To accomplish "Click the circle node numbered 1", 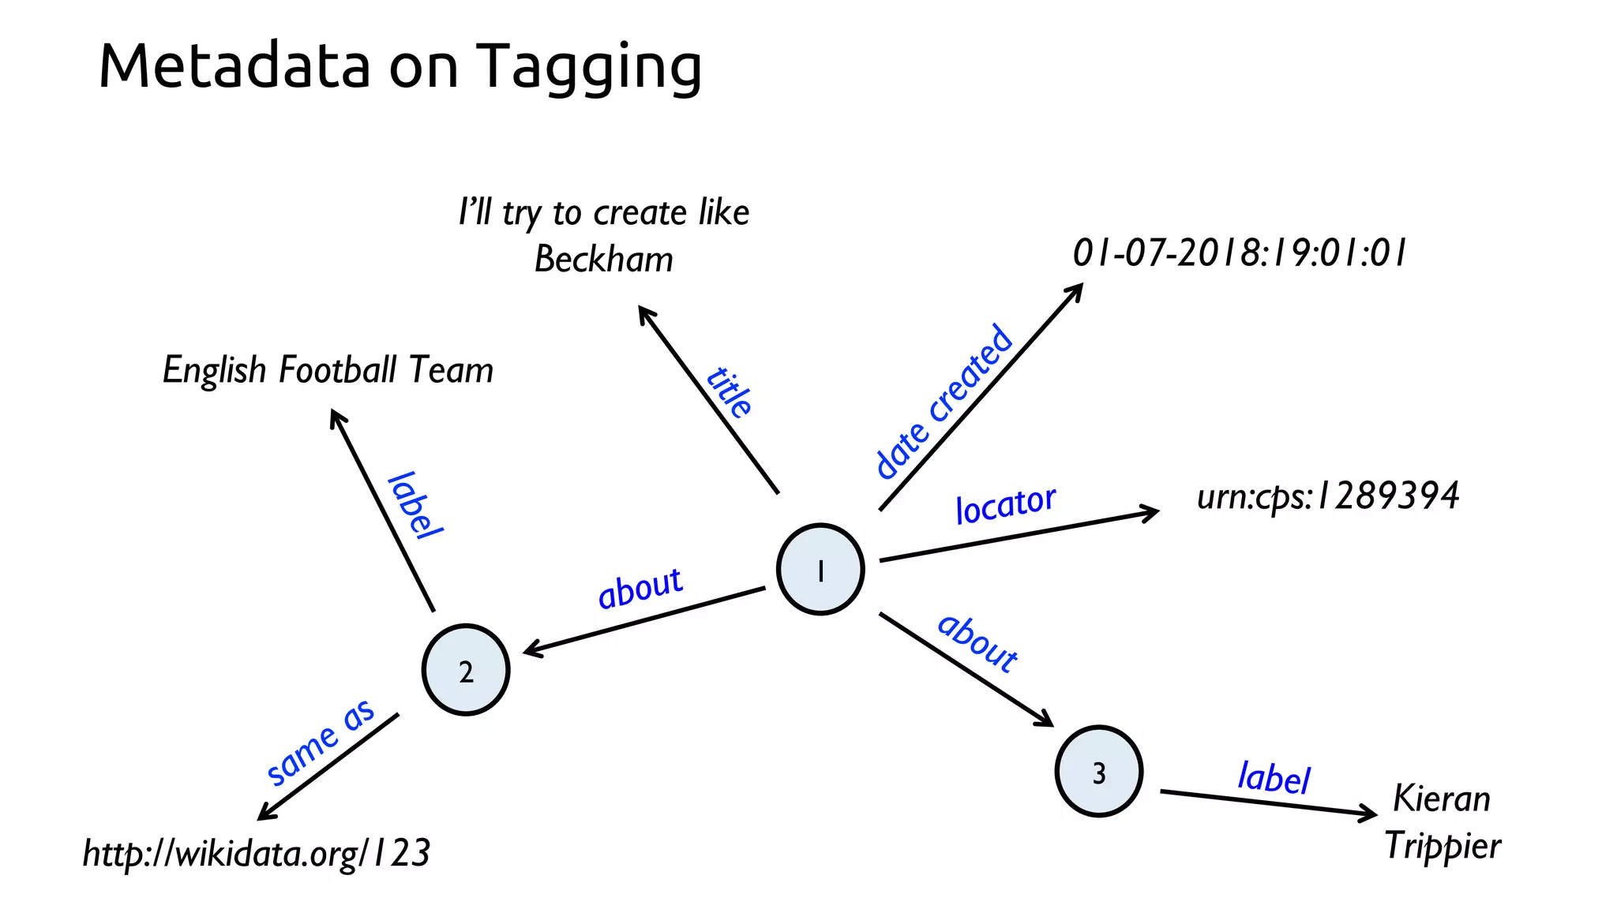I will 820,569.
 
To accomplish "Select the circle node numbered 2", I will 466,670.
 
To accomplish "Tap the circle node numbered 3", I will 1098,771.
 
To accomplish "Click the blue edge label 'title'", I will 730,391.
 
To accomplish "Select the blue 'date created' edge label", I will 944,402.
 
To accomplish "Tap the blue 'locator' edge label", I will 1005,504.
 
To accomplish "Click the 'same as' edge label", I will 320,743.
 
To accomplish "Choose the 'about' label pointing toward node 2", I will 640,588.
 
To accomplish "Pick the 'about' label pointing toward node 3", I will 977,643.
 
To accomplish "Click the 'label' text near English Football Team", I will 415,506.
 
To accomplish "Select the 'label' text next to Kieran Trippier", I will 1274,777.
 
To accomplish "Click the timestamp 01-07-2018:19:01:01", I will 1239,253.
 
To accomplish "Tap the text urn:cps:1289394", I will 1327,496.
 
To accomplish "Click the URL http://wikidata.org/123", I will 257,854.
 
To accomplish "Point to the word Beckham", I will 604,260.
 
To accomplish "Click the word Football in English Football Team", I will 338,370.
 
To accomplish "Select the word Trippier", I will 1443,847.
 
